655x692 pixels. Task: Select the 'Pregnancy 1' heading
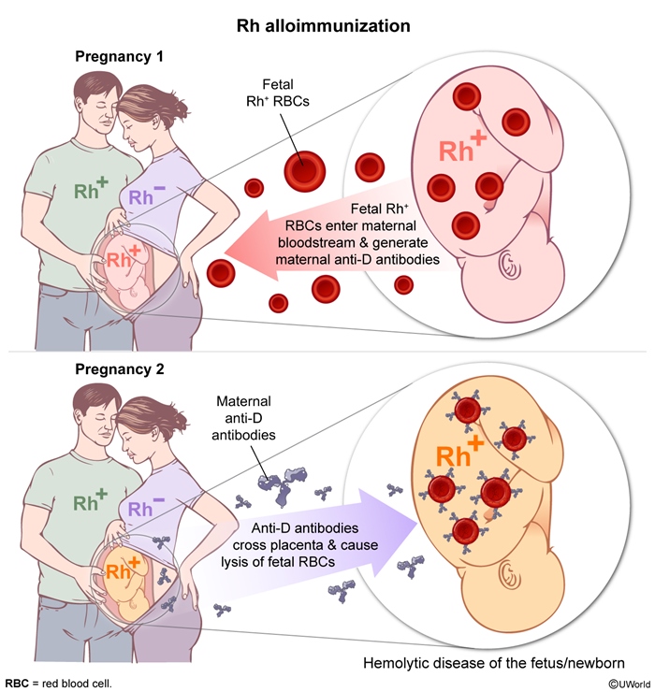point(119,57)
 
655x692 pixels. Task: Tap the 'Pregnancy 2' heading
point(119,369)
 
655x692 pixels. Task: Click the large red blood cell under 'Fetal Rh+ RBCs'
point(304,170)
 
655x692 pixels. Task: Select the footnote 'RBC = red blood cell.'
point(58,684)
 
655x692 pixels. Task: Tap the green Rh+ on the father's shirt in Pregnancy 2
point(92,499)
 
